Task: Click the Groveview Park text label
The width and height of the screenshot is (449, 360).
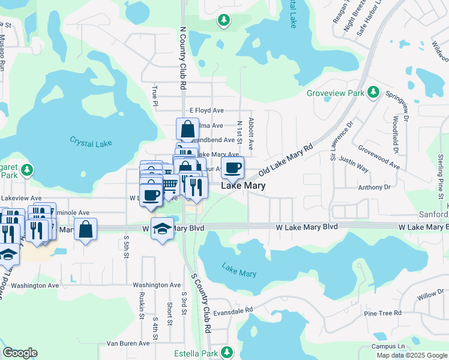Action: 336,94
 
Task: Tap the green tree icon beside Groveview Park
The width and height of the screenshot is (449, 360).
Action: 373,92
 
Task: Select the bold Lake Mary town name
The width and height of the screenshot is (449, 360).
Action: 244,186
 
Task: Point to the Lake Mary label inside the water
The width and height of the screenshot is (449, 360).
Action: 239,270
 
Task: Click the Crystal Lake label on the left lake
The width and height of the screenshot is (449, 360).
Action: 91,143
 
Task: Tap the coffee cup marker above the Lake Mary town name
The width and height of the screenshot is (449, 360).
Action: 233,167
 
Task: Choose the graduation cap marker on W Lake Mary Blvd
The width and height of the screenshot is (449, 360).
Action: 162,229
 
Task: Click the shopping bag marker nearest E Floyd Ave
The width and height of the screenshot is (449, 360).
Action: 187,128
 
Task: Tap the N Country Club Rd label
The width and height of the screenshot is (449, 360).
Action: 182,58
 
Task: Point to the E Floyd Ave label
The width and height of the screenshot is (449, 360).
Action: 206,110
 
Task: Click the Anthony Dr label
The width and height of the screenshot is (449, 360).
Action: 374,187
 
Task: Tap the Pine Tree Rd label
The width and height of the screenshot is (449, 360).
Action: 382,313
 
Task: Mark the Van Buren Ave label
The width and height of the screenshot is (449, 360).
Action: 128,343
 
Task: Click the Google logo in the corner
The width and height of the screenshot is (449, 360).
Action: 20,353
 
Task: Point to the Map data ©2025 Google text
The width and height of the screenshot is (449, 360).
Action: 411,355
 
